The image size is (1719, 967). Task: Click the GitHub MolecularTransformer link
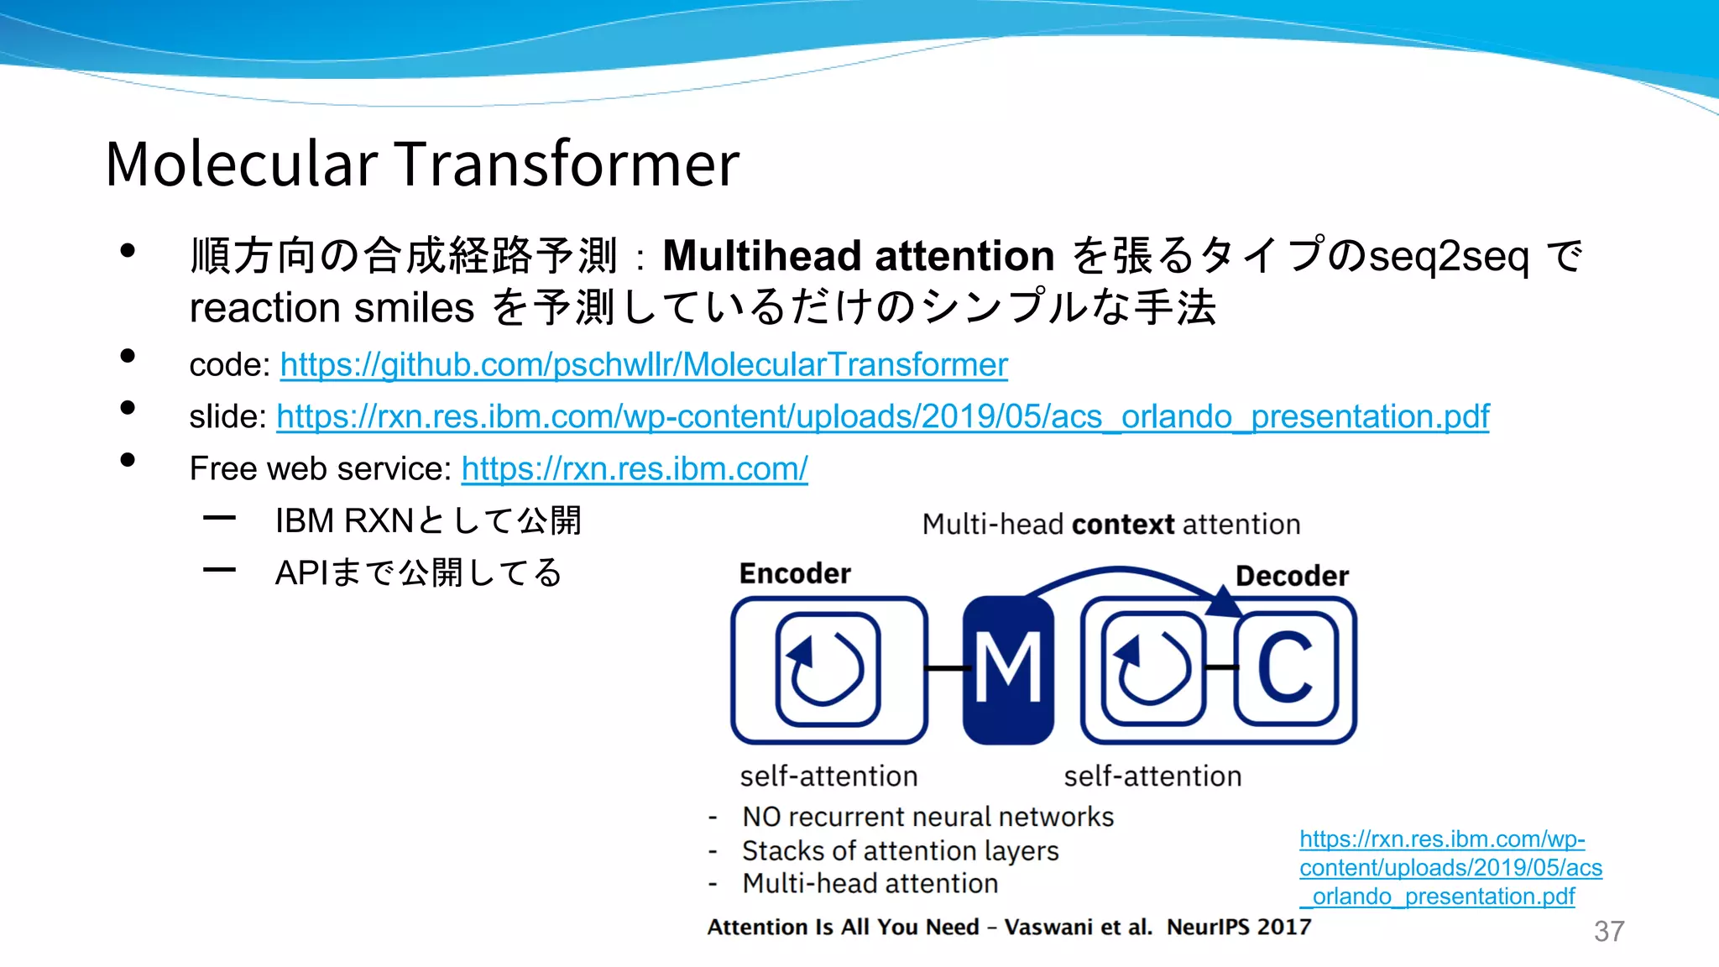[644, 365]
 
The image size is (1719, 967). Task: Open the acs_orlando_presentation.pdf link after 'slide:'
[882, 417]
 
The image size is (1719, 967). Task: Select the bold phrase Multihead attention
[858, 255]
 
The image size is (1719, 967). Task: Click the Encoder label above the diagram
[795, 573]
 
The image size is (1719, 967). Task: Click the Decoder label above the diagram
[1292, 576]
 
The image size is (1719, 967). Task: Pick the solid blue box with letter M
[1008, 670]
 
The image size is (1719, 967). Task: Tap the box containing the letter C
[1286, 669]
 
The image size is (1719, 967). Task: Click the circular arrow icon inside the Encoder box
[828, 669]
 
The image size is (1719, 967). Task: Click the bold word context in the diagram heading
[1123, 525]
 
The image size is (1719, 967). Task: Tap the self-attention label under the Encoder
[828, 776]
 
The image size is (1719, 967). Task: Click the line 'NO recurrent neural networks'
[927, 817]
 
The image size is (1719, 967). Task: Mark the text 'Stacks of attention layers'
[900, 851]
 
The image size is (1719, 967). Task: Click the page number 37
[1608, 931]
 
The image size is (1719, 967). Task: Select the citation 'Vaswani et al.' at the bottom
[1078, 927]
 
